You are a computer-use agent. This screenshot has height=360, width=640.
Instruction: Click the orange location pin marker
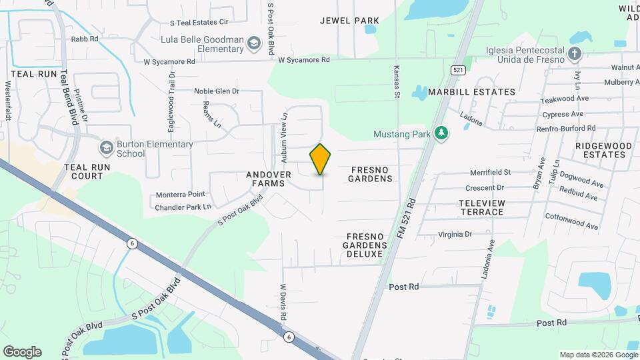point(321,159)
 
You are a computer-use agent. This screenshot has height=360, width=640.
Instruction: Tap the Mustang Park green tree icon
point(441,133)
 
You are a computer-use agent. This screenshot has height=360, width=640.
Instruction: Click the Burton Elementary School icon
point(106,147)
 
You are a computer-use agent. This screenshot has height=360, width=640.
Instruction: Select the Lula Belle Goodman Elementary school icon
point(254,45)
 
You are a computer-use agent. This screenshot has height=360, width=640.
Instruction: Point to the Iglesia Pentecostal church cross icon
point(575,52)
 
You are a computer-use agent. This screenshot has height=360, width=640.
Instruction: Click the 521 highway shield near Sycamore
point(457,69)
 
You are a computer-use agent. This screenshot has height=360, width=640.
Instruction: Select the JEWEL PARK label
point(349,21)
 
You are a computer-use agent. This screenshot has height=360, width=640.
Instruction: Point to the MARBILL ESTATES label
point(471,92)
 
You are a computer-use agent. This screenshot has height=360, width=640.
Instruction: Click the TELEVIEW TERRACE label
point(482,207)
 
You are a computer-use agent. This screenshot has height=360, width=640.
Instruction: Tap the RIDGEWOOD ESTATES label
point(592,150)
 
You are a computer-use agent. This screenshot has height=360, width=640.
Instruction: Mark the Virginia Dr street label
point(455,234)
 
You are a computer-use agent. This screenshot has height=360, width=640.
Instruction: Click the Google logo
point(22,351)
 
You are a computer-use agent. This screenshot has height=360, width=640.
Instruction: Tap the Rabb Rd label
point(85,39)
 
